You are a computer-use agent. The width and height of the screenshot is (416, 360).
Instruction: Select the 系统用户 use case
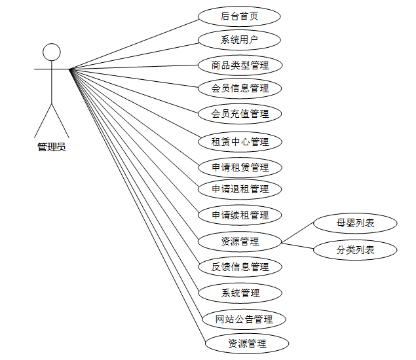tap(240, 40)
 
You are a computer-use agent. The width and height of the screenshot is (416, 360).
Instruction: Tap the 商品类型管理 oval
tap(240, 65)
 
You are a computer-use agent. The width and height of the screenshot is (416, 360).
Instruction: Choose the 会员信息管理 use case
tap(240, 88)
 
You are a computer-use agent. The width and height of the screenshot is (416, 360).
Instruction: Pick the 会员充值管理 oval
tap(240, 114)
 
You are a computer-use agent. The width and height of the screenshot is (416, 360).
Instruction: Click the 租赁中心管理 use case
tap(240, 141)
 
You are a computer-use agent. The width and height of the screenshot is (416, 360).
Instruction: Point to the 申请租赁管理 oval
tap(240, 167)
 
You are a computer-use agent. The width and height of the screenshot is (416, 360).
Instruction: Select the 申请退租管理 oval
tap(240, 189)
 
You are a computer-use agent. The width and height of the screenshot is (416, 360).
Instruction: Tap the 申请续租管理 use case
tap(240, 215)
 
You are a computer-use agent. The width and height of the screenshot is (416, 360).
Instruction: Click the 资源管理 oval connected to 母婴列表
tap(240, 242)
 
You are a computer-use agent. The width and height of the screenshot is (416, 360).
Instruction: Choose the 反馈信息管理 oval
tap(240, 267)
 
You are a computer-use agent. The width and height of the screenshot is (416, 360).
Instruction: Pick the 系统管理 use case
tap(240, 293)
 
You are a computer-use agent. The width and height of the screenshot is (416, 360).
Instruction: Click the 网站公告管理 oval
tap(244, 319)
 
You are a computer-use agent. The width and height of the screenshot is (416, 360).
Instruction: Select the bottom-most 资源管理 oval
tap(246, 343)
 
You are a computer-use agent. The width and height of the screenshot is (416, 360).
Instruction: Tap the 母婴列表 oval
tap(355, 223)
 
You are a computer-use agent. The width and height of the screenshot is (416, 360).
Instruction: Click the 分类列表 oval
tap(355, 249)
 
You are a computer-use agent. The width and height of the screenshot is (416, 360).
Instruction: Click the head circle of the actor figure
tap(51, 52)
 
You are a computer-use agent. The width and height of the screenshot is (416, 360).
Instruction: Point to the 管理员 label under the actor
tap(51, 147)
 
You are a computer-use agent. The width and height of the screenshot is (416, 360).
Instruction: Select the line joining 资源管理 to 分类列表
tap(298, 245)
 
